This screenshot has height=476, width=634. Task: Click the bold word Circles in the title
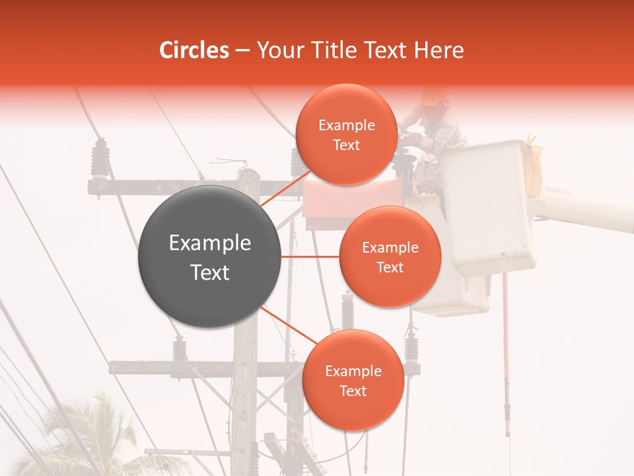point(194,50)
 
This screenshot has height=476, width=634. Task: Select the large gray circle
point(210,257)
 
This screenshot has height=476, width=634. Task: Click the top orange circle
point(346,134)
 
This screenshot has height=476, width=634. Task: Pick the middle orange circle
point(390,257)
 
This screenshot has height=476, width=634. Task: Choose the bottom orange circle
point(353,380)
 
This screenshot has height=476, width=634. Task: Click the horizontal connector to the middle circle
point(310,257)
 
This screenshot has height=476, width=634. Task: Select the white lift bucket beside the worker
point(489,205)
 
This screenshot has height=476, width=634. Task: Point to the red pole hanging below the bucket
point(506,357)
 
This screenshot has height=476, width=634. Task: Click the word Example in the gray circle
point(210,243)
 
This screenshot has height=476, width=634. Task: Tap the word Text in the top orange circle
point(346,145)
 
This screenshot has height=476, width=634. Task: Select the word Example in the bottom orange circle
point(353,371)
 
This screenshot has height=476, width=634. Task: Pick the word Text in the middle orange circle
point(390,267)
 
